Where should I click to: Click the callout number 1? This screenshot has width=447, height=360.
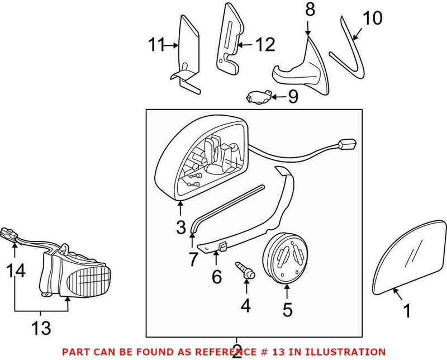pos(407,309)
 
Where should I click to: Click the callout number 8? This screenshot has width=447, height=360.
pos(310,10)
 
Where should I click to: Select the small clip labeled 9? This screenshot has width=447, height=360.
pos(259,98)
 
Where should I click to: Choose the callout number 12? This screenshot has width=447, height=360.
pos(265,44)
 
